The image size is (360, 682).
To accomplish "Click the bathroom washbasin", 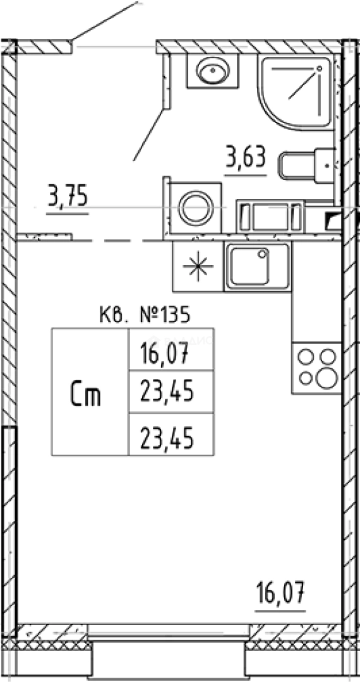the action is [x=213, y=71].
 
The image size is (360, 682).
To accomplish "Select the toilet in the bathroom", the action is [x=307, y=165].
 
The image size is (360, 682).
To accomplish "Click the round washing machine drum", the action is [x=196, y=208].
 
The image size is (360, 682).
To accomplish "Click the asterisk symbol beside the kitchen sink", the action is [x=198, y=266].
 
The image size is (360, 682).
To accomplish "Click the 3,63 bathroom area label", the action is [x=245, y=159].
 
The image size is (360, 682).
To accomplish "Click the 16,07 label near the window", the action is [x=280, y=593].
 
